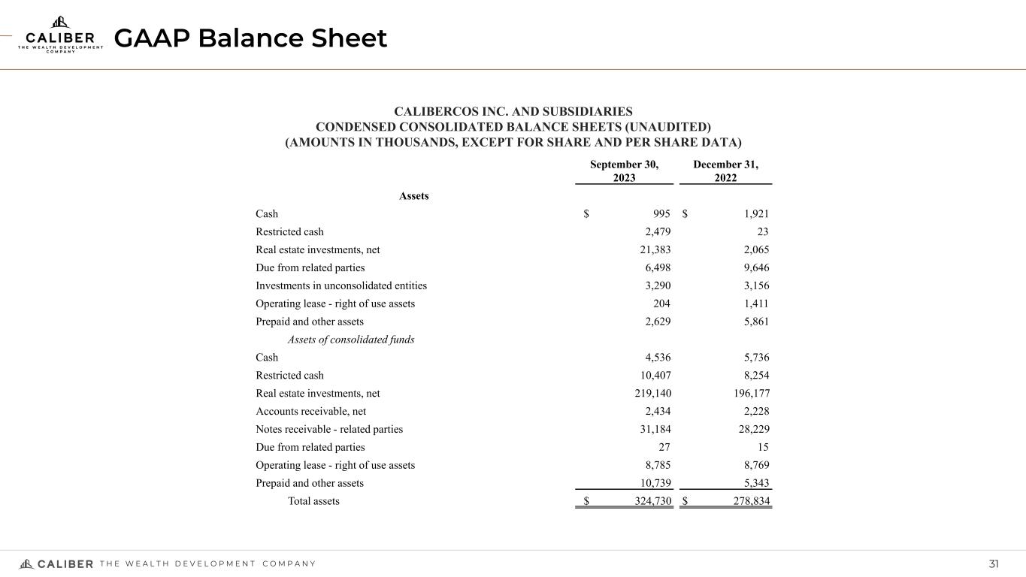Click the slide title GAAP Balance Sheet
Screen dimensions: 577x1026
pyautogui.click(x=250, y=38)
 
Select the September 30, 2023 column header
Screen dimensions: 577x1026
pyautogui.click(x=624, y=171)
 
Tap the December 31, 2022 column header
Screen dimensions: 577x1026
pyautogui.click(x=725, y=171)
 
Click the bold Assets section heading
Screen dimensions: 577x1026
pyautogui.click(x=413, y=195)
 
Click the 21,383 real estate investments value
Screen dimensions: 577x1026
pyautogui.click(x=654, y=250)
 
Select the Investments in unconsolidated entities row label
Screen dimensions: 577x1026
pyautogui.click(x=341, y=285)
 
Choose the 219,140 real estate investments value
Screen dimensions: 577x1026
pyautogui.click(x=651, y=393)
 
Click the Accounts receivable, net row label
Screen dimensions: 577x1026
pyautogui.click(x=311, y=411)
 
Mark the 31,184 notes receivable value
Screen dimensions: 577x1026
pyautogui.click(x=654, y=429)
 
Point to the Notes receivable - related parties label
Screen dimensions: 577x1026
pyautogui.click(x=329, y=429)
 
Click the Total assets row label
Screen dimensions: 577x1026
pyautogui.click(x=313, y=501)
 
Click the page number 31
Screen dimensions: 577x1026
pyautogui.click(x=994, y=564)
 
